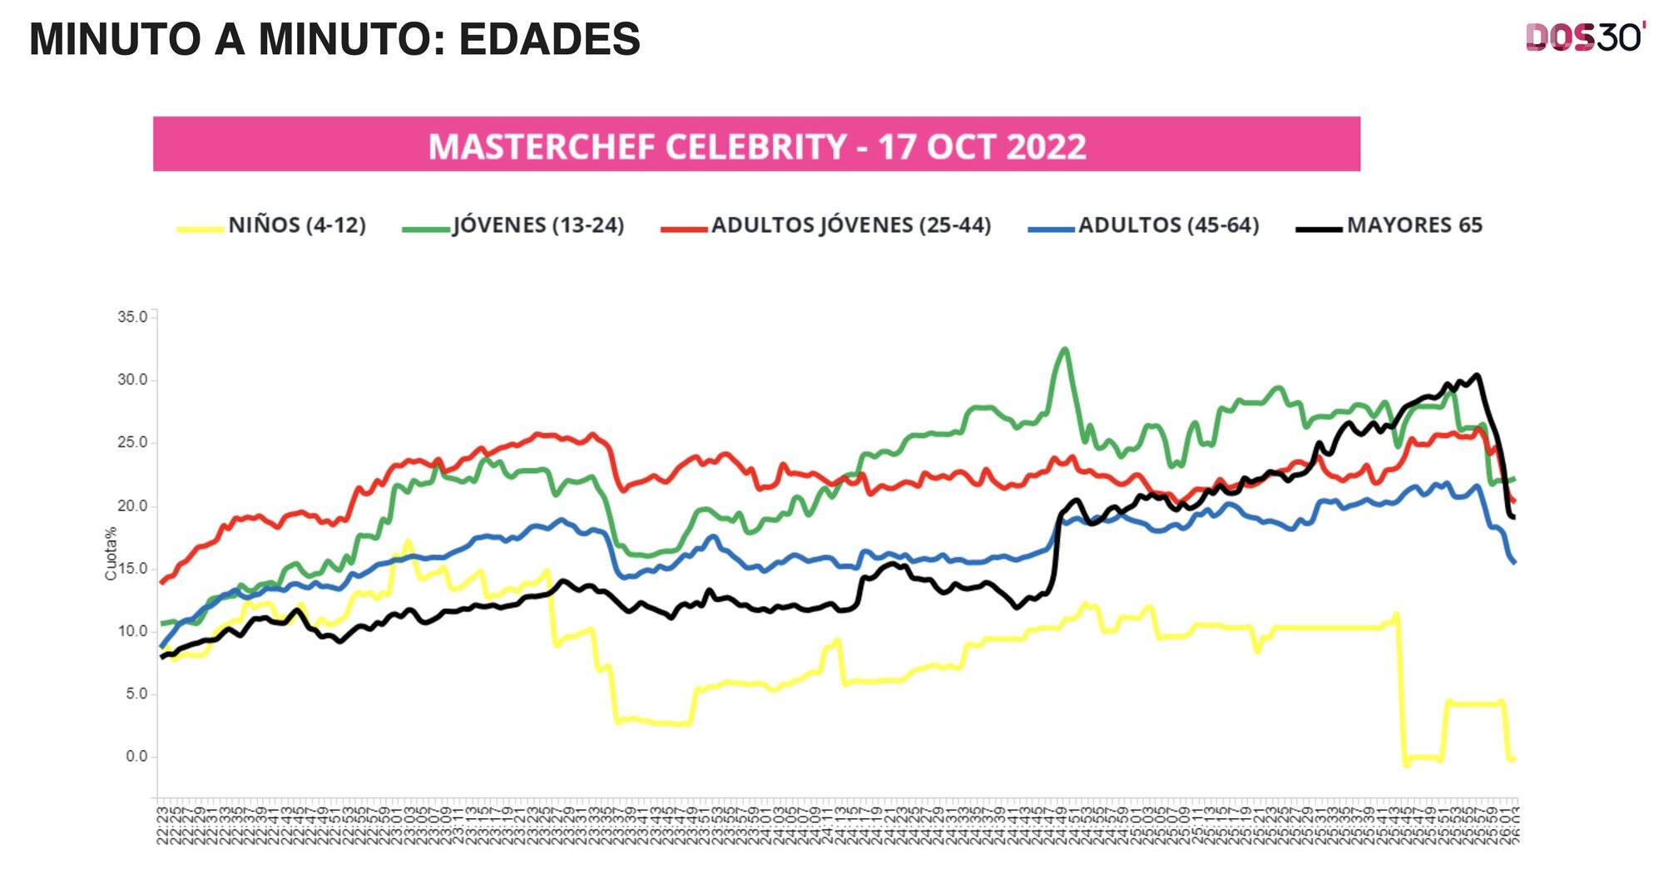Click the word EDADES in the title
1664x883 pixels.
(x=549, y=39)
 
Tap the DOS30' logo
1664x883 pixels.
(x=1585, y=37)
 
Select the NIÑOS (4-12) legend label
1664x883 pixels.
(x=297, y=225)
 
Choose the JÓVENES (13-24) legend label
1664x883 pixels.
(x=538, y=225)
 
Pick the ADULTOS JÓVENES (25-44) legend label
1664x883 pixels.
(x=851, y=225)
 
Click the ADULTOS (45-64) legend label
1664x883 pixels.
(x=1169, y=225)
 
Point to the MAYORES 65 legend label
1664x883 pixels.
(x=1414, y=225)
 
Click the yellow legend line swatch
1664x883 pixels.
(x=200, y=229)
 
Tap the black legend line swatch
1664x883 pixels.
(x=1319, y=229)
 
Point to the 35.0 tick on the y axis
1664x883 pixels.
(x=132, y=317)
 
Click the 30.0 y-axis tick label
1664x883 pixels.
(x=132, y=380)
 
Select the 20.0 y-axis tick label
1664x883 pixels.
(x=132, y=506)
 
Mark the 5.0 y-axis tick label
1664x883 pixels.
(x=136, y=693)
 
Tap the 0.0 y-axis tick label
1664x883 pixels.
(x=136, y=757)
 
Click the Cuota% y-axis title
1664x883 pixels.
(x=111, y=553)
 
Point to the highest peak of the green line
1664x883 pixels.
(x=1065, y=349)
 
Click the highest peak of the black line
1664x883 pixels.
(x=1477, y=375)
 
